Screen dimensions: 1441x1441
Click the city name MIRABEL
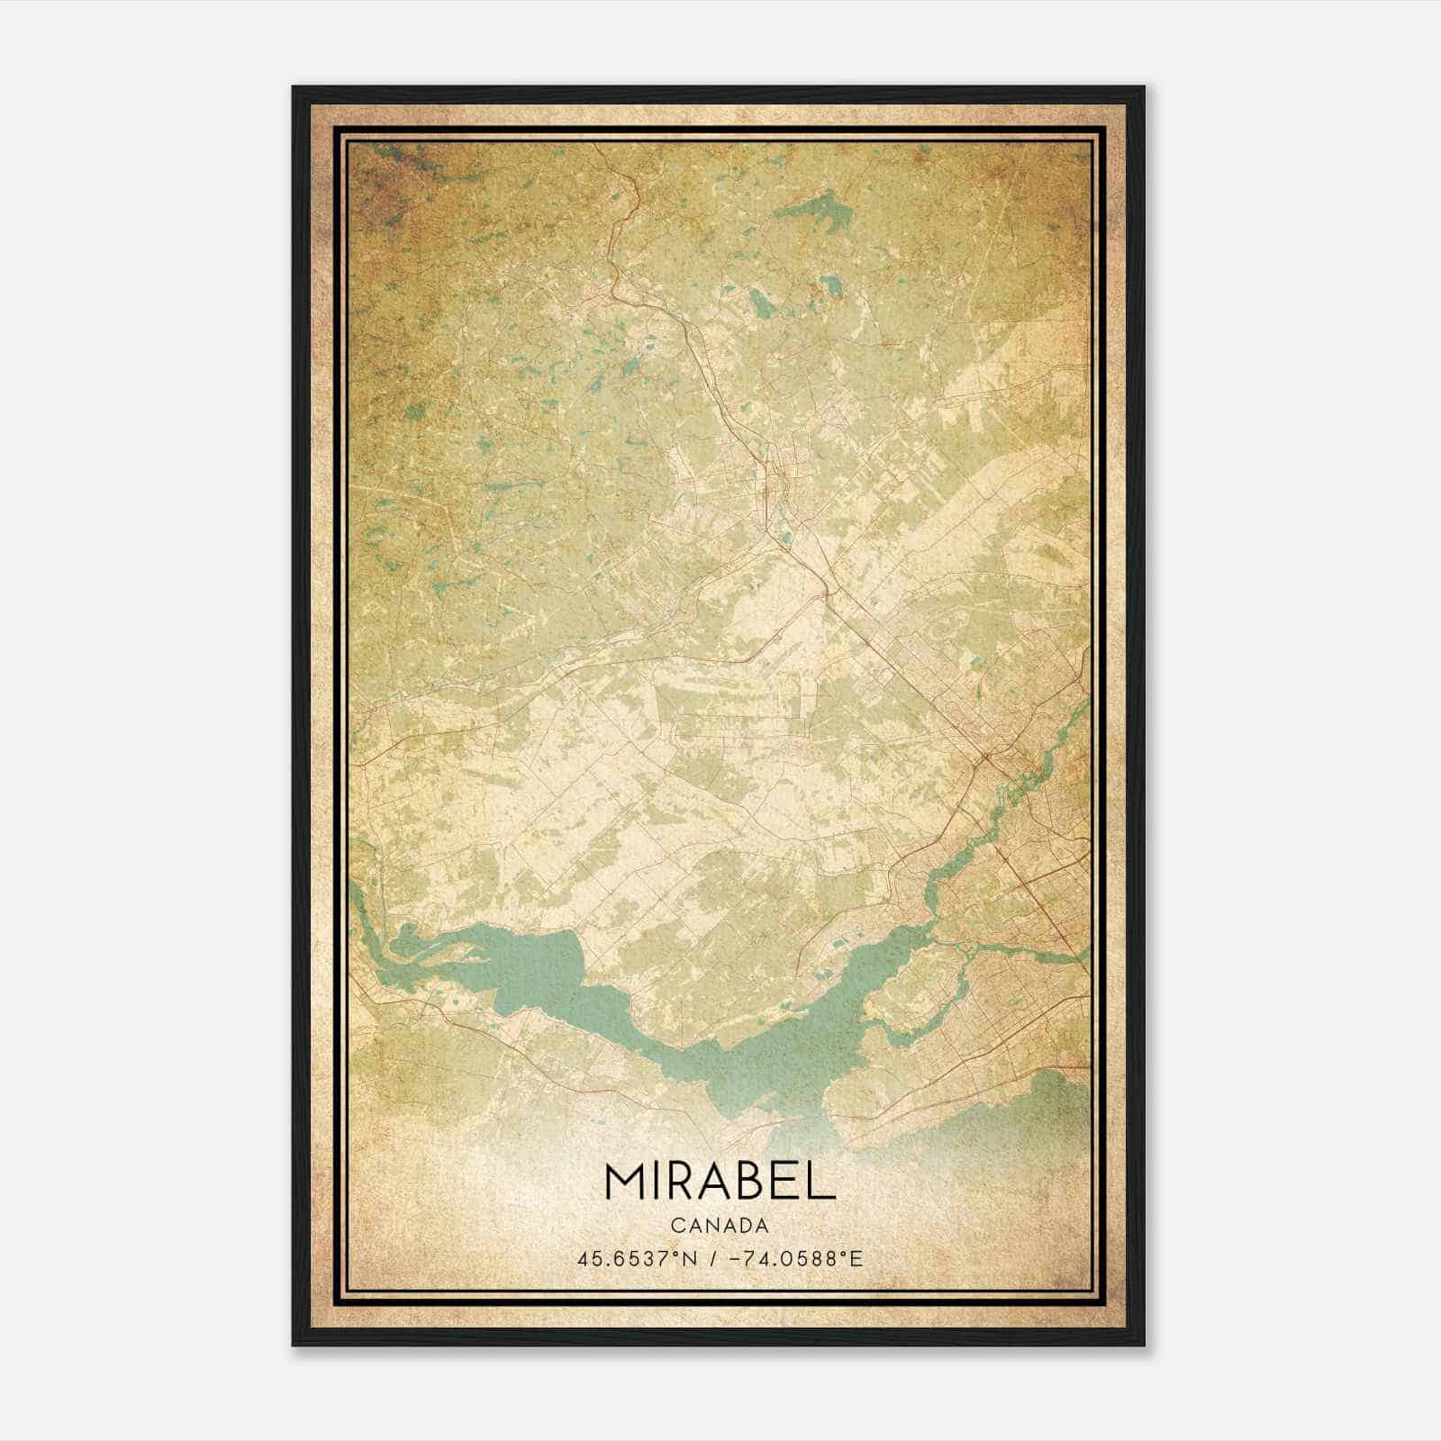pos(720,1182)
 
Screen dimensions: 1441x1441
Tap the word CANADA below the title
pos(720,1226)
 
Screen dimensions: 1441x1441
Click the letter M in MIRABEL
pos(627,1182)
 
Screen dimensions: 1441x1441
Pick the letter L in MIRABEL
pos(822,1182)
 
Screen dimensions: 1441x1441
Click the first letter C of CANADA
pos(676,1226)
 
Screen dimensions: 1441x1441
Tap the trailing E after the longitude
pos(856,1258)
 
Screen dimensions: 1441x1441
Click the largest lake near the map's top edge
pos(815,213)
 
